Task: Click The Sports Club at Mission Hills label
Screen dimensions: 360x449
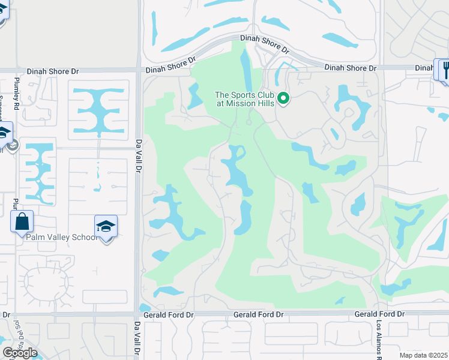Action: point(245,99)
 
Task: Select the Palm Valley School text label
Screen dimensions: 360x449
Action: point(62,237)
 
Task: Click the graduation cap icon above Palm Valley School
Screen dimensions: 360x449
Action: point(106,227)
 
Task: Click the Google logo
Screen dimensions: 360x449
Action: point(20,352)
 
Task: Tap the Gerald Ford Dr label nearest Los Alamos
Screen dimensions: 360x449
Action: point(379,314)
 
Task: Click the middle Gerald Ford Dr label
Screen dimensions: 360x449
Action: point(258,314)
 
